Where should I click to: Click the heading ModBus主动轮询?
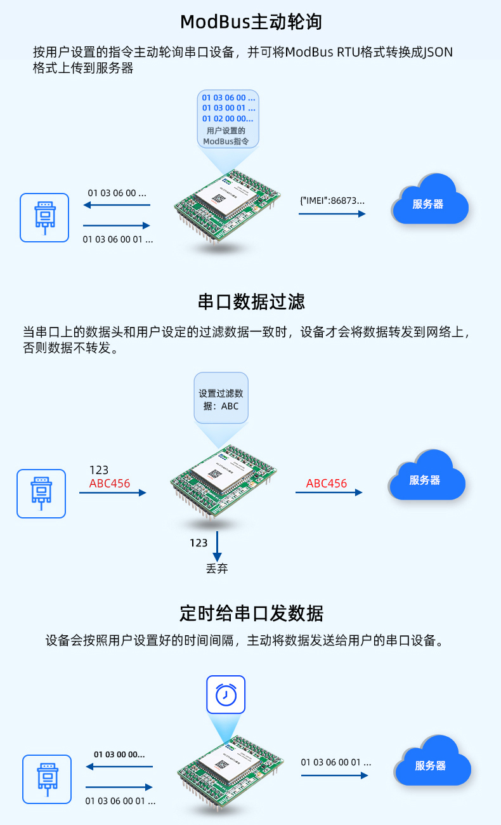(251, 22)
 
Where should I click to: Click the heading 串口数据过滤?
(251, 301)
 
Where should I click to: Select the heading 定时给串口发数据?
(251, 614)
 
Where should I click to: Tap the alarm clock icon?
(226, 695)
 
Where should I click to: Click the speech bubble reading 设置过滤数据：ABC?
(221, 399)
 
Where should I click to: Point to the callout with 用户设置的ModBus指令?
(228, 119)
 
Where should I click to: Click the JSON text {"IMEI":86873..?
(332, 200)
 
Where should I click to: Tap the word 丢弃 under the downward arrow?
(217, 569)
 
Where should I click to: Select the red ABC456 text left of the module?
(110, 484)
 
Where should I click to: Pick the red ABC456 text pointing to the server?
(327, 484)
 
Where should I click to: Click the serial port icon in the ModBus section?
(44, 218)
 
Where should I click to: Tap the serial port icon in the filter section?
(41, 494)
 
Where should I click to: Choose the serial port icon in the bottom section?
(47, 779)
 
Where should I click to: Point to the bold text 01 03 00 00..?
(119, 755)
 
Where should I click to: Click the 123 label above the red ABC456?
(99, 470)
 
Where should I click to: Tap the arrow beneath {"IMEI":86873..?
(332, 214)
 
